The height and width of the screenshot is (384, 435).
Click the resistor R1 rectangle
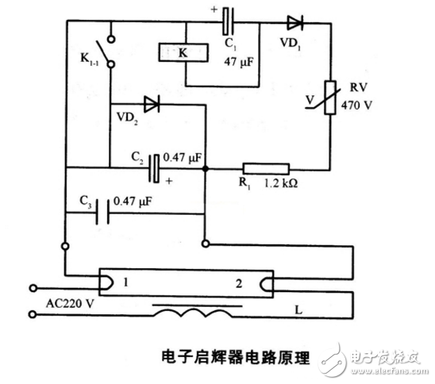click(x=267, y=168)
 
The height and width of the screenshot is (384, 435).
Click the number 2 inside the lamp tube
click(x=239, y=282)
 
